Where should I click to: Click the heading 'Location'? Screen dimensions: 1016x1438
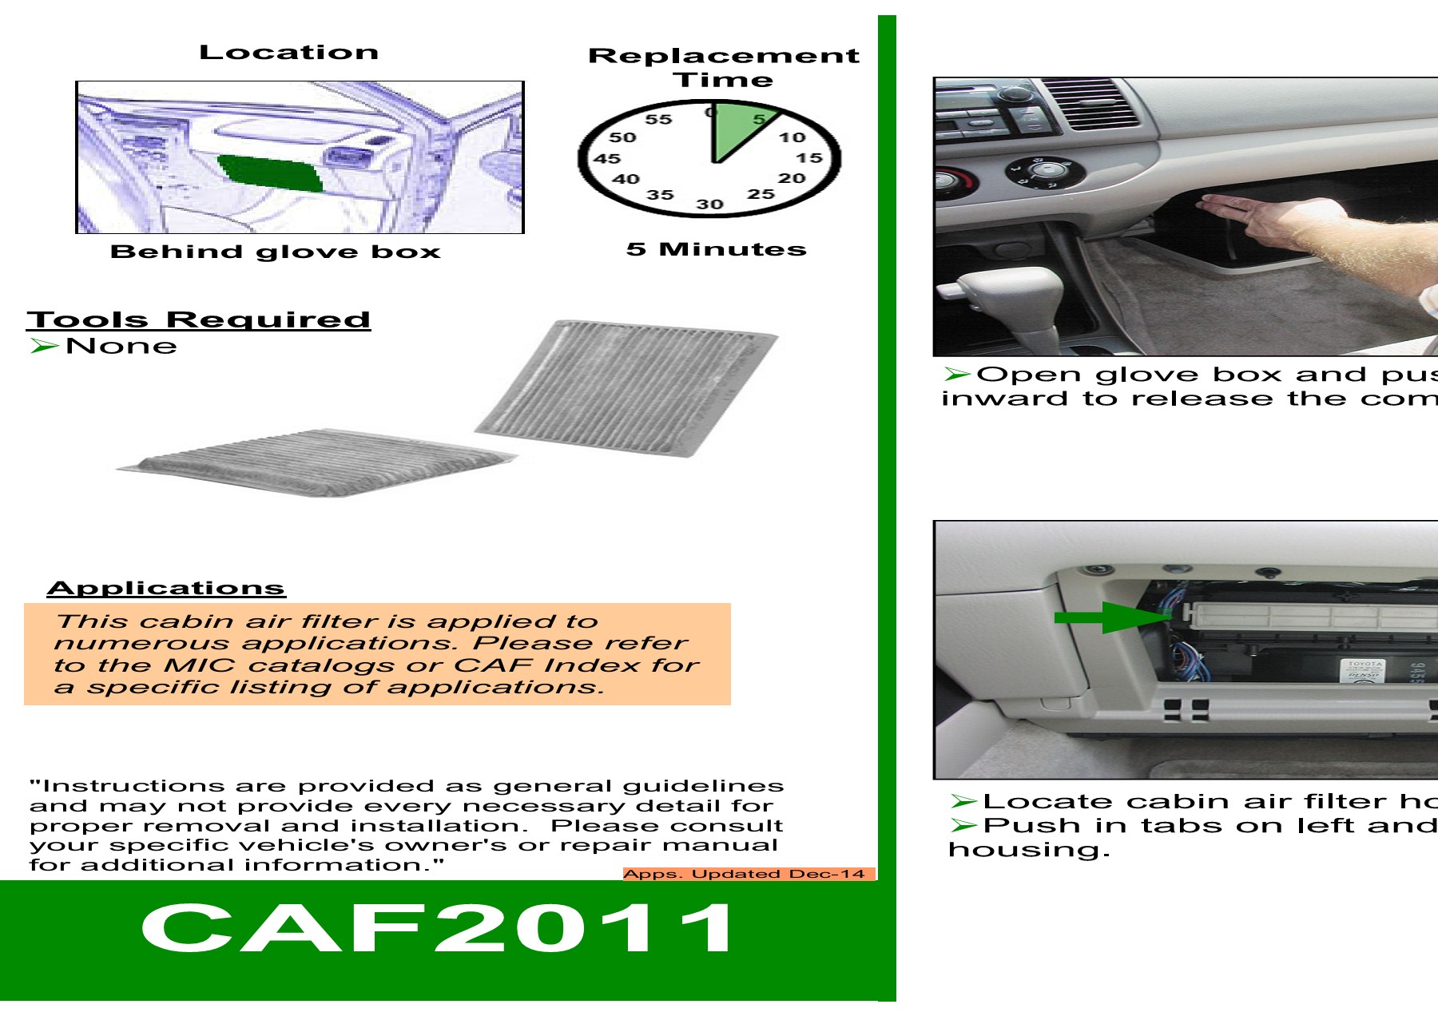(288, 53)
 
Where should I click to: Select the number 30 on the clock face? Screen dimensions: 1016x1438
(709, 204)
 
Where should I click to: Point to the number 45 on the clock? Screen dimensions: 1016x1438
(606, 158)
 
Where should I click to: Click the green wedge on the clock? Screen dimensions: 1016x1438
(737, 128)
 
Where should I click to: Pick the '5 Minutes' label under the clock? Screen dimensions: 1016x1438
(716, 249)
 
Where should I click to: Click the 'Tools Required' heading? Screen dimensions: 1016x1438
(199, 319)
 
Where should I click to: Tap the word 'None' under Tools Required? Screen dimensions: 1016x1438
(121, 346)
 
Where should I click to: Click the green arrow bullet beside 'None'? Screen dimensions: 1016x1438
(44, 346)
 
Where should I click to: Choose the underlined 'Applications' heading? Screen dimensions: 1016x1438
(166, 588)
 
